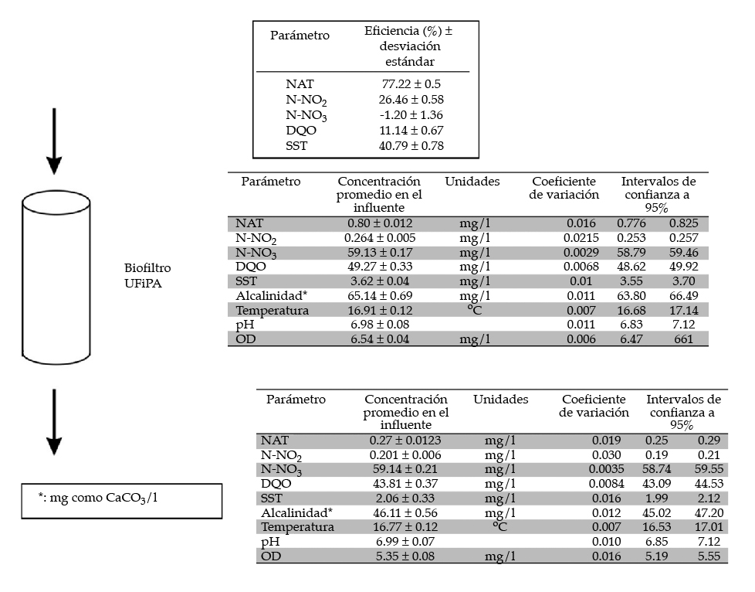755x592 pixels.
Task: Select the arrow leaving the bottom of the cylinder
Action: click(x=53, y=421)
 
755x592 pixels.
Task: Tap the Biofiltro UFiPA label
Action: click(x=147, y=275)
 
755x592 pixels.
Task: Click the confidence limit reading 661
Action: click(x=683, y=339)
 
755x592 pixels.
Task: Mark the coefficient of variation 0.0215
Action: click(x=580, y=238)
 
